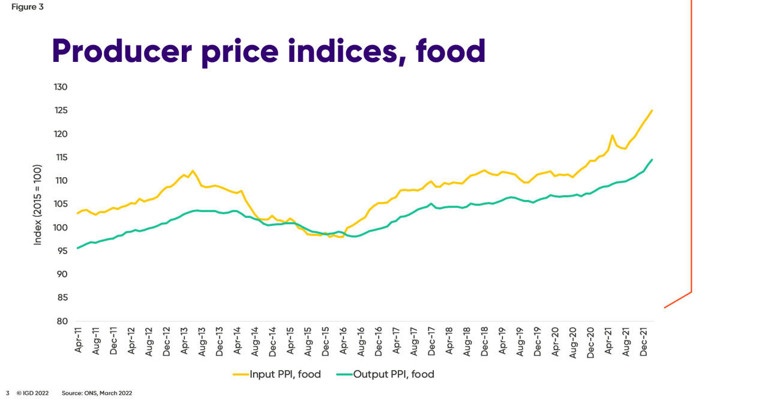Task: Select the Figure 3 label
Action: [27, 7]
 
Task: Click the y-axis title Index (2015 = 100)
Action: [38, 204]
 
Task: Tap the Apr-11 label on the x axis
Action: [79, 340]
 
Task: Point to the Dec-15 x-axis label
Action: [325, 340]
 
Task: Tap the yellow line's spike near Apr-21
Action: [612, 135]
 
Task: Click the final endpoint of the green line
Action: [652, 159]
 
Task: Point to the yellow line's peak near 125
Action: [652, 111]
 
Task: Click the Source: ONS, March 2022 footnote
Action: [97, 393]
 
